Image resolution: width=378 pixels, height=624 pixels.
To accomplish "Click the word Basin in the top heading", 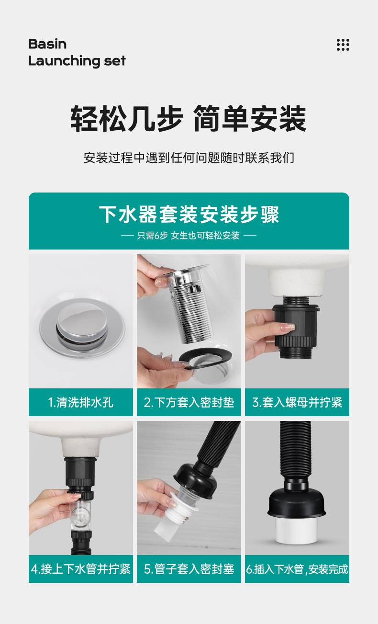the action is point(47,44).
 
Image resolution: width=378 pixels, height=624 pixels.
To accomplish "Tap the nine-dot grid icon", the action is point(343,45).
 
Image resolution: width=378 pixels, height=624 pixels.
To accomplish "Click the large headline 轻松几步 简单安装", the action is point(189,118).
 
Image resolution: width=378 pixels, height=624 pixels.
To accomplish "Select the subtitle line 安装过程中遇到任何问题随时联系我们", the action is point(189,158).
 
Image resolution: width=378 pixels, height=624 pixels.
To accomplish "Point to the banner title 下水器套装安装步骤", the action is point(189,214).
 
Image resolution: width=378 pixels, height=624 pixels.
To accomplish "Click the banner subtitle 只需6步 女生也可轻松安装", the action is point(189,236).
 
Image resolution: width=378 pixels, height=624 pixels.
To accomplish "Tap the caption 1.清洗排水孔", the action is point(81,402).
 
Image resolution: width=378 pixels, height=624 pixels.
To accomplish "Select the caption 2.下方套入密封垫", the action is point(189,402).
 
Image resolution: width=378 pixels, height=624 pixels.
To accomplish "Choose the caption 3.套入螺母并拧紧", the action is point(297,402).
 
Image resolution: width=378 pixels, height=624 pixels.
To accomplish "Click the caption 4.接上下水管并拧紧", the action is point(81,569).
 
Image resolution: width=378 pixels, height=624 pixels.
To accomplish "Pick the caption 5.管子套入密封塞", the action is point(189,569).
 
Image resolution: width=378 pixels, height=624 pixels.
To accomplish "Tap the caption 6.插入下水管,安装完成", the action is point(297,569).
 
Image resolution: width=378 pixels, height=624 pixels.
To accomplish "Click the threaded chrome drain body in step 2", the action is point(189,304).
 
